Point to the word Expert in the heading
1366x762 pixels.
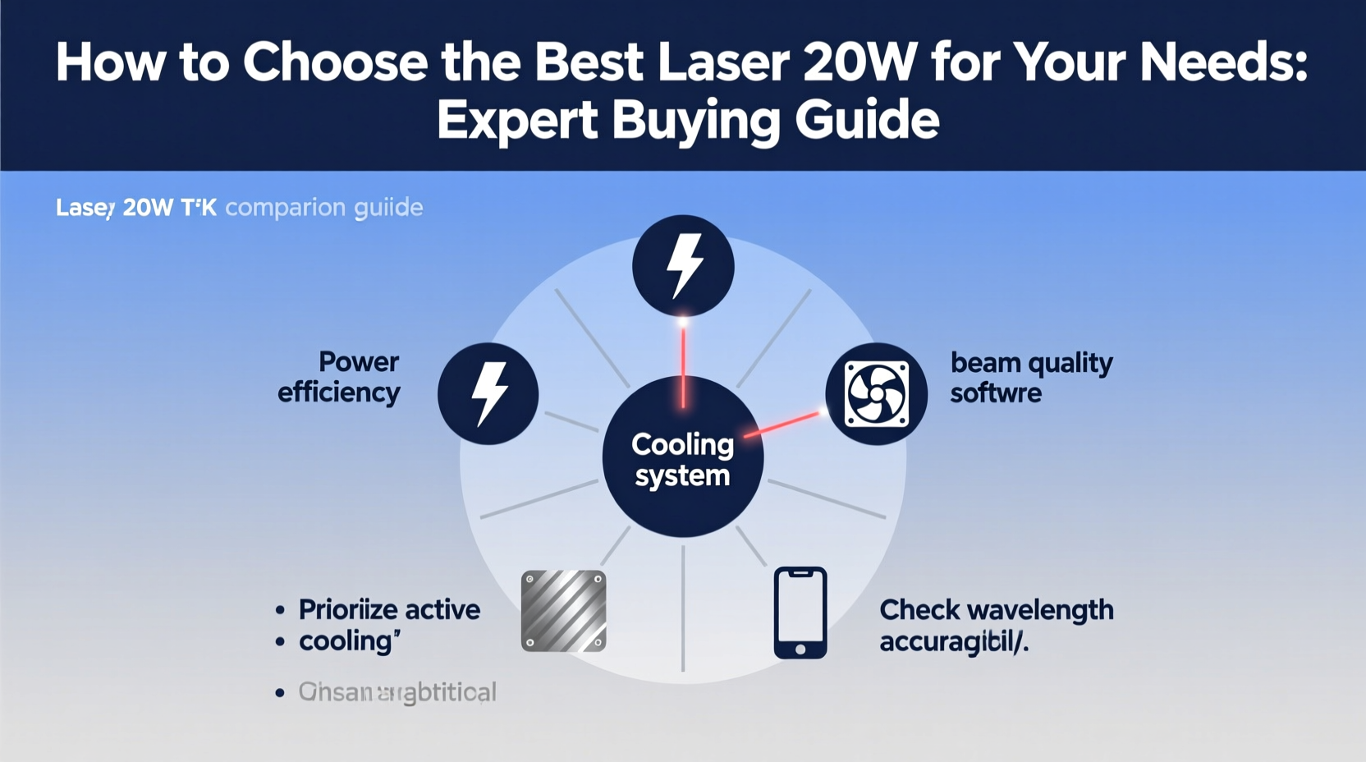[x=517, y=122]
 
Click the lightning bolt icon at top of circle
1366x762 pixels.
[x=683, y=265]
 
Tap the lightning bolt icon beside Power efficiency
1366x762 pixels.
[x=488, y=393]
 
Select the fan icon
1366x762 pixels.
[x=877, y=394]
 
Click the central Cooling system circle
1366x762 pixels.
[x=682, y=457]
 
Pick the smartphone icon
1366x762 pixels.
[x=800, y=613]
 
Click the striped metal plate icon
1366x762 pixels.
[x=564, y=611]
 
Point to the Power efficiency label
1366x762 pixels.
[x=339, y=378]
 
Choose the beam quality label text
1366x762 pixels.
[x=1031, y=363]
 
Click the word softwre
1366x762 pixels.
[x=996, y=393]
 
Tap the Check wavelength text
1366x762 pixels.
[x=996, y=610]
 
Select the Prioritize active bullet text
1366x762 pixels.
[x=389, y=610]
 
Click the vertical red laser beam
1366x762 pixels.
[x=683, y=365]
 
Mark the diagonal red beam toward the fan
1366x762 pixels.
[x=782, y=425]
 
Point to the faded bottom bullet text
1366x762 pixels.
[x=397, y=692]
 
